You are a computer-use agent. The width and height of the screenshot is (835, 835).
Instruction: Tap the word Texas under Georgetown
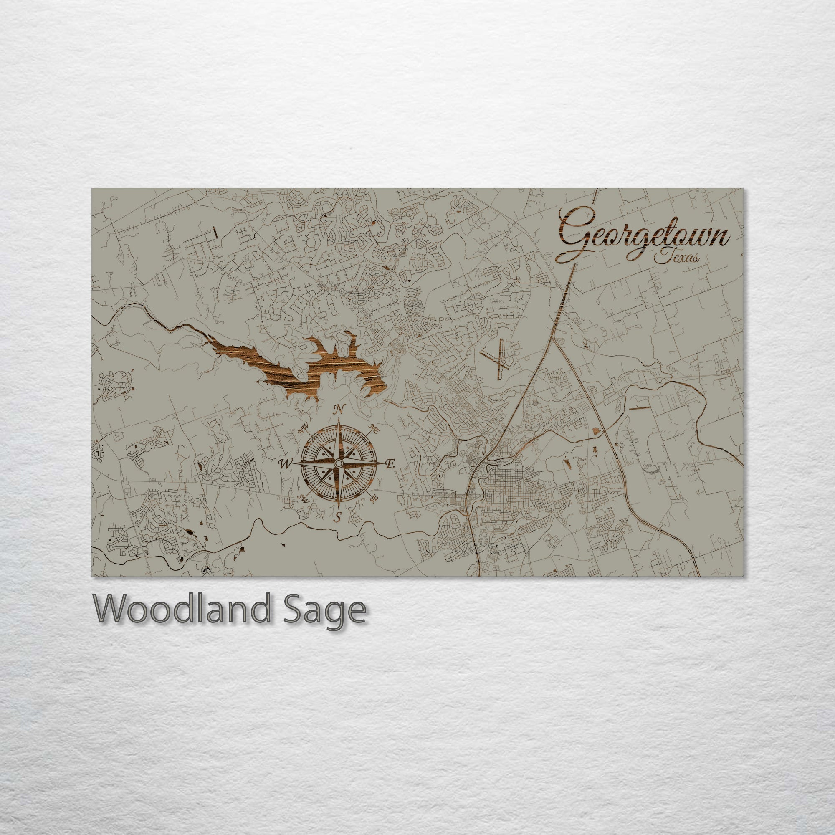click(676, 258)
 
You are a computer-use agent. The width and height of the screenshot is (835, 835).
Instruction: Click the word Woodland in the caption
click(182, 609)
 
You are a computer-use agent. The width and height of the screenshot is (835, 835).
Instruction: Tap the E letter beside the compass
click(390, 465)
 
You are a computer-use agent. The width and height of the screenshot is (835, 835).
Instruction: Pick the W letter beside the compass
click(285, 464)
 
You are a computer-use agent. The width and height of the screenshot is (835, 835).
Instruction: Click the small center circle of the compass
click(339, 463)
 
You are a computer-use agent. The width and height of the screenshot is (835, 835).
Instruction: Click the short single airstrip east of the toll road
click(639, 407)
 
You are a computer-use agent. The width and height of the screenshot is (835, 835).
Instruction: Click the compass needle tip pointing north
click(339, 419)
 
